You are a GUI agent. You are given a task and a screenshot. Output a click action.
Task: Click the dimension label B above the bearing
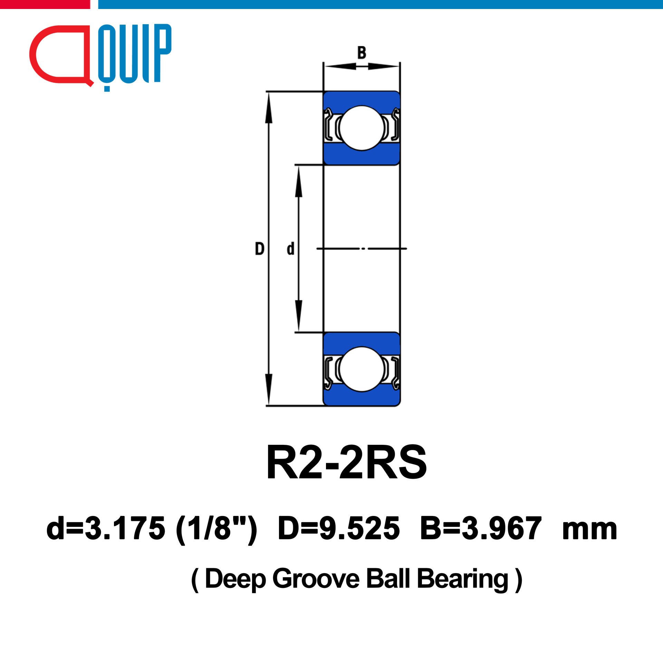[x=362, y=53]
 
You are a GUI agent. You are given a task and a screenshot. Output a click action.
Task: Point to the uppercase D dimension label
[x=259, y=249]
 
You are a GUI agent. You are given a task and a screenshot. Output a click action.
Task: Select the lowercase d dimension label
[x=290, y=249]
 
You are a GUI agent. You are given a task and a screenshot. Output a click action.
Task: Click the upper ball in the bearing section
[x=362, y=128]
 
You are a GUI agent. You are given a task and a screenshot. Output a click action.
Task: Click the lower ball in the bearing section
[x=362, y=369]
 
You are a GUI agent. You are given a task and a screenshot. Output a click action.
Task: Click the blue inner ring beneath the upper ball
[x=362, y=156]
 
